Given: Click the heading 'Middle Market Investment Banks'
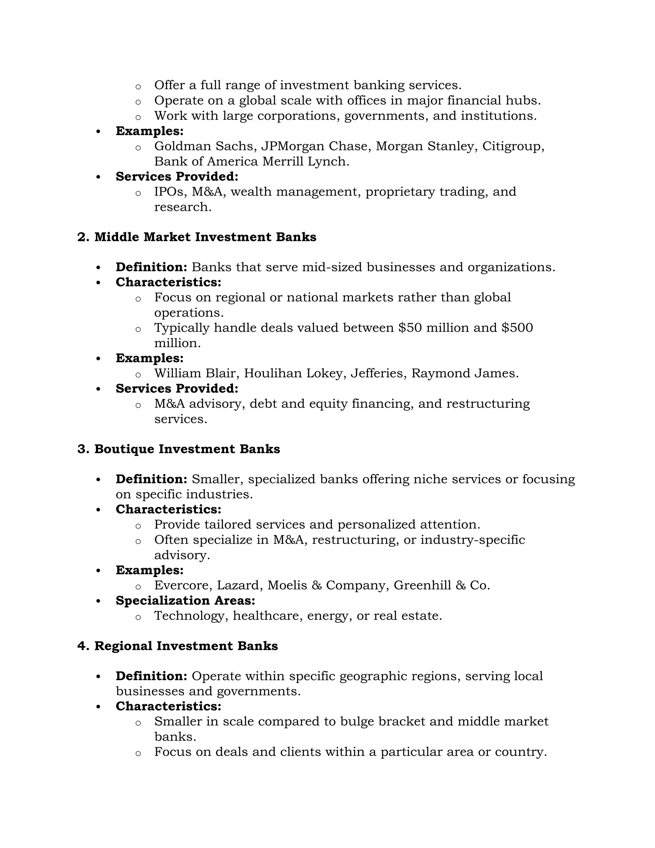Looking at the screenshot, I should pyautogui.click(x=205, y=237).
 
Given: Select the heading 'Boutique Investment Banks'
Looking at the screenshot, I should pyautogui.click(x=187, y=449).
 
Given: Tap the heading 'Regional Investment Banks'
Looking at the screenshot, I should pyautogui.click(x=186, y=646).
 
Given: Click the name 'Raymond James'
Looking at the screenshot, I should pyautogui.click(x=464, y=373).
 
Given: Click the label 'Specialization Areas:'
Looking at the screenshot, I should pyautogui.click(x=185, y=601).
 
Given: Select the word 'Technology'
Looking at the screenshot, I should pyautogui.click(x=189, y=616).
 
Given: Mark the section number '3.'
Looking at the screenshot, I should pyautogui.click(x=83, y=449).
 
